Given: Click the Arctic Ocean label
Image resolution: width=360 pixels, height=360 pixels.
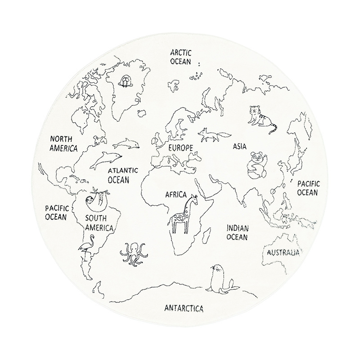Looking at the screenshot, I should (180, 57).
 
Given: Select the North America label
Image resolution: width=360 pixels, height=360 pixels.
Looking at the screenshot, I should (63, 143).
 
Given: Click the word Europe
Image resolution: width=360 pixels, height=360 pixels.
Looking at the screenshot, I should (180, 148).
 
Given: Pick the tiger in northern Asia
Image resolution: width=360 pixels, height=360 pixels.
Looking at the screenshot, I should (261, 119).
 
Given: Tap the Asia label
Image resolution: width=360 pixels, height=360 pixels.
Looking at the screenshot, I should (240, 146).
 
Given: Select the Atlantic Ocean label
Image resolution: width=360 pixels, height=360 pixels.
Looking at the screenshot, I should (122, 175).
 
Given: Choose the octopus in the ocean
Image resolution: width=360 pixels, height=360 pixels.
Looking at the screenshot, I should (134, 254).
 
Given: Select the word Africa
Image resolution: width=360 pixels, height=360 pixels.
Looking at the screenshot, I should (176, 195).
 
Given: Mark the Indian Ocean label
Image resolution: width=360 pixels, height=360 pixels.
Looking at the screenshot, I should (238, 232).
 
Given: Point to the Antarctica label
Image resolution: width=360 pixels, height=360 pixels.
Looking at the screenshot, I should (184, 308).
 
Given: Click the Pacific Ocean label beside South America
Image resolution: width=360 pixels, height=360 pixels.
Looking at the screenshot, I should (56, 212).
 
